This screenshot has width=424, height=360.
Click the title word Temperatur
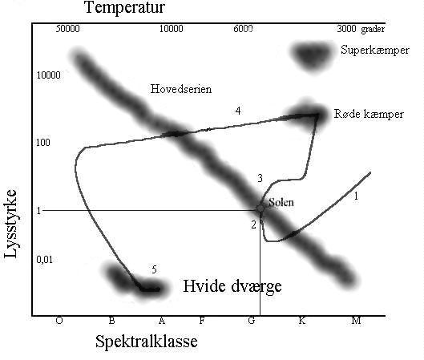pos(124,7)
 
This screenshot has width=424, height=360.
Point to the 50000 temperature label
pos(67,29)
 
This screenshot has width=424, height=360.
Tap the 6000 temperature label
pos(243,28)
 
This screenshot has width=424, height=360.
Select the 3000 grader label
pos(361,29)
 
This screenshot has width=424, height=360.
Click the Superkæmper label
pos(375,51)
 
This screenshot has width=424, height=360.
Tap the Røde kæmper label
pos(369,114)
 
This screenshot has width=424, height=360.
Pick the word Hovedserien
pos(181,89)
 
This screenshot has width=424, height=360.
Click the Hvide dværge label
pos(232,287)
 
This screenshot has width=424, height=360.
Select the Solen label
pos(281,202)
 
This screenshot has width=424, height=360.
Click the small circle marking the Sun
pos(260,208)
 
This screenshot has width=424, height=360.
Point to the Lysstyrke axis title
pos(10,224)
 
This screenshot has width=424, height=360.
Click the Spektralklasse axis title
pos(147,342)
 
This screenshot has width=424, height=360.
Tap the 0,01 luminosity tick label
pos(45,260)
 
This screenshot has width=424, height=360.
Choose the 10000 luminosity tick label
pos(48,75)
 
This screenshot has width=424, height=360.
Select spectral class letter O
pos(59,321)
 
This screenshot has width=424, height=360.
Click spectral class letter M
pos(356,321)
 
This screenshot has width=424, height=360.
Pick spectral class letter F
pos(202,321)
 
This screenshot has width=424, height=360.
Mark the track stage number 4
pos(238,111)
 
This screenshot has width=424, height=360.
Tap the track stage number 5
pos(154,269)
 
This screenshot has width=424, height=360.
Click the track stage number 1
pos(356,196)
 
